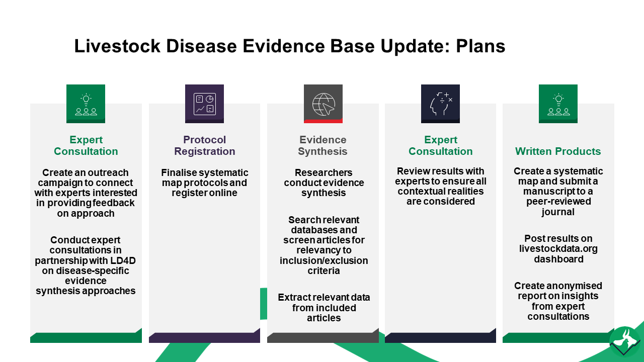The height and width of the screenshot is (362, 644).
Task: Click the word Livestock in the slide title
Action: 117,46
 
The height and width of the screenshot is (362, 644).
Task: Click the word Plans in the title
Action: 480,46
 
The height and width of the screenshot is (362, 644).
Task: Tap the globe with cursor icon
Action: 324,104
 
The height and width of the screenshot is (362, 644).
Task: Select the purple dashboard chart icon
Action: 204,104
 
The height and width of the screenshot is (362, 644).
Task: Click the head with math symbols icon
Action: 441,104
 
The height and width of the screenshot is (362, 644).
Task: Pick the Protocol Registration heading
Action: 204,145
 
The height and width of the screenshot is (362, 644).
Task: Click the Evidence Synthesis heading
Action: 323,145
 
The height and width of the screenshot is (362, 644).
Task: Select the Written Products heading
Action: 558,151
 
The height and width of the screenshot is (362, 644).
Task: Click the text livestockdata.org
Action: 558,248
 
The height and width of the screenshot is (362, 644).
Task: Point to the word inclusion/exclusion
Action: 324,260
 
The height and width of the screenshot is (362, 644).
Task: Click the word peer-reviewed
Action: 558,202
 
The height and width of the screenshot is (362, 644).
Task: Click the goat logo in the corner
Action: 625,341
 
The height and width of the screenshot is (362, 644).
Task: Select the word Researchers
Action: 324,172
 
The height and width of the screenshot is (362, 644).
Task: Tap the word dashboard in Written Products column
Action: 558,259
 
